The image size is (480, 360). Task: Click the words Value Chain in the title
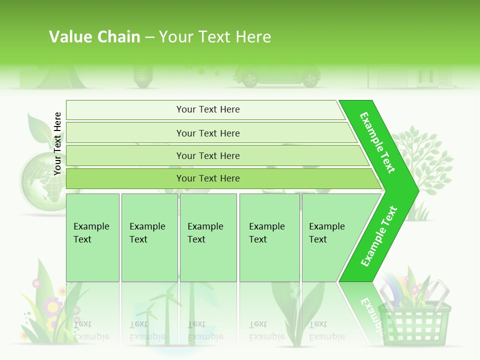[94, 36]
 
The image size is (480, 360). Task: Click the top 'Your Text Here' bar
[208, 109]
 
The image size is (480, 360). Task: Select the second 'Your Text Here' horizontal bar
[208, 133]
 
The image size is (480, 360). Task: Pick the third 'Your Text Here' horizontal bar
[208, 155]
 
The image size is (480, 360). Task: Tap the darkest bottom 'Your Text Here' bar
[208, 178]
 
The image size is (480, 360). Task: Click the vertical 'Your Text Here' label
[57, 143]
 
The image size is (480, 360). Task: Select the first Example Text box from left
[92, 237]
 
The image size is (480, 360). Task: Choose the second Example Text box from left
[149, 237]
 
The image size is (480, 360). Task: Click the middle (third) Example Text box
[208, 237]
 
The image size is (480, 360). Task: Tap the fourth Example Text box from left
[269, 237]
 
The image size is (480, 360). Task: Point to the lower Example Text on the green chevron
[379, 236]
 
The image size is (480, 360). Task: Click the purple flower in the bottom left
[51, 305]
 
